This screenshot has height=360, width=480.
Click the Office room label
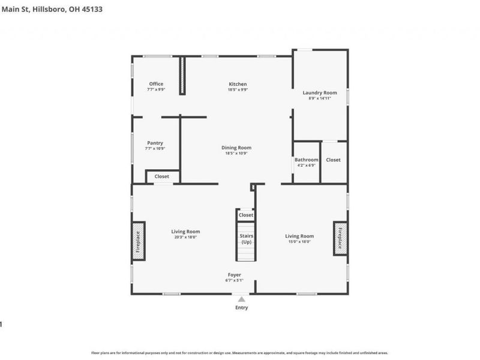tap(156, 84)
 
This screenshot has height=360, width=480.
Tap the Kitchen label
tap(238, 84)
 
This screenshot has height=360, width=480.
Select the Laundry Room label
tap(319, 93)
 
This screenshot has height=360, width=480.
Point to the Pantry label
tap(155, 143)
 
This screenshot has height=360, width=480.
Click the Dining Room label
tap(236, 148)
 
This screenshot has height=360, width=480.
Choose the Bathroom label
tap(306, 160)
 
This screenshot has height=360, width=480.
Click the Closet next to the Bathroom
tap(333, 160)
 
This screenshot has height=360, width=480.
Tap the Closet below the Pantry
tap(162, 176)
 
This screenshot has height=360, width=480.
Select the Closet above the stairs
tap(246, 215)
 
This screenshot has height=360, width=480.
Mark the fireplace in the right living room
tap(340, 238)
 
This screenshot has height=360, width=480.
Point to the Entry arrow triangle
tap(241, 299)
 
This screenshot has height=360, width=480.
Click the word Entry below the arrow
tap(241, 308)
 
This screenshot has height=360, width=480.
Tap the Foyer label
tap(234, 274)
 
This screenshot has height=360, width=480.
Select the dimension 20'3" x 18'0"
tap(185, 237)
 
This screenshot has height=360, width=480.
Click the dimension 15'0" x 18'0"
tap(299, 242)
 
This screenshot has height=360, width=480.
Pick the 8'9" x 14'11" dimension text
tap(319, 98)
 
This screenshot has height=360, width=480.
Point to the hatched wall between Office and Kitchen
tap(184, 76)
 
